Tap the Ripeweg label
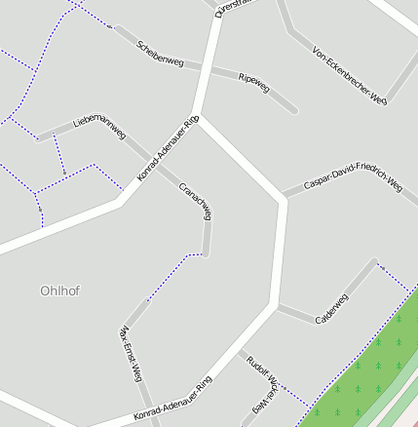253,83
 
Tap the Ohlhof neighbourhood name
59,291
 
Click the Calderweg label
332,310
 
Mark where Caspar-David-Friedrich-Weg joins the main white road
284,198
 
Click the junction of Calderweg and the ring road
277,308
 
